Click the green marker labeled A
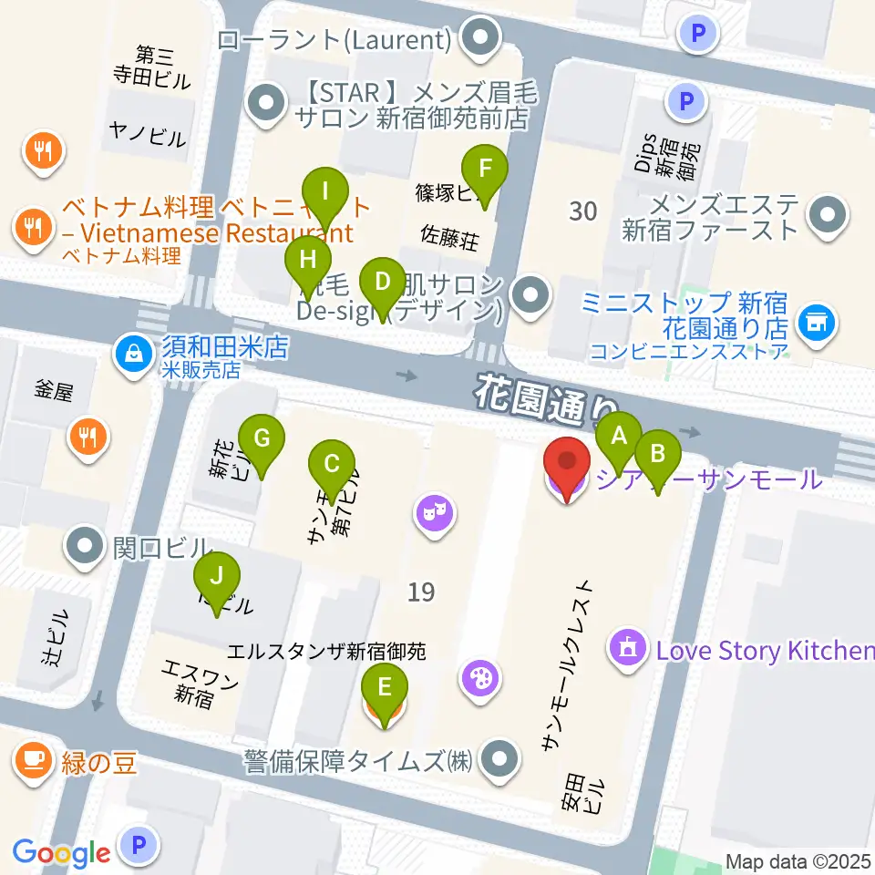(619, 436)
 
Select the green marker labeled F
(484, 169)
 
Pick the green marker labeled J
(216, 577)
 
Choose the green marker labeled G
(262, 438)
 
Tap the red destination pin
(566, 465)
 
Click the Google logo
(61, 852)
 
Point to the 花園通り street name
(543, 403)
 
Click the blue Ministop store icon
(815, 320)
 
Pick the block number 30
(582, 211)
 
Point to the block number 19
(420, 592)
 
